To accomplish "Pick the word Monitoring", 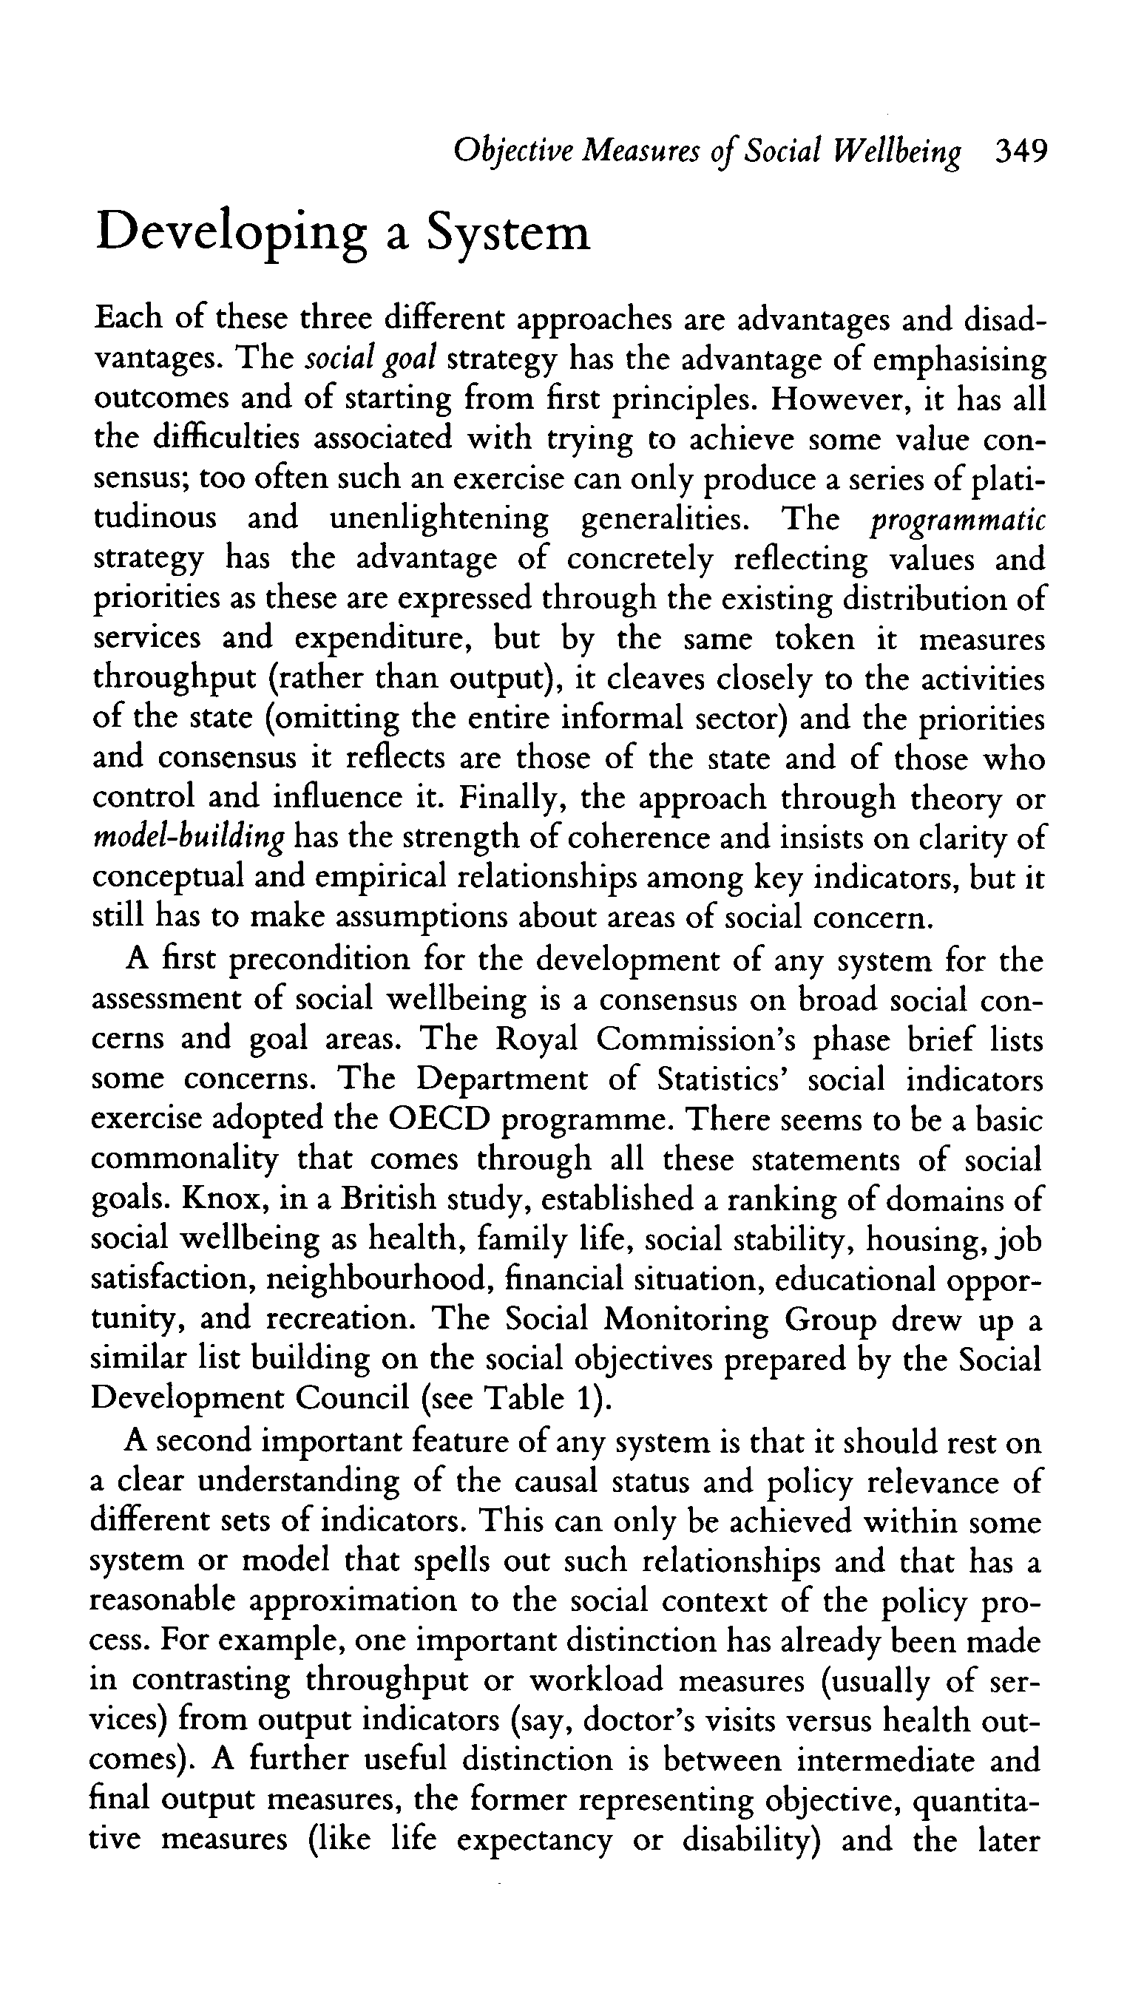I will pos(686,1318).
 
